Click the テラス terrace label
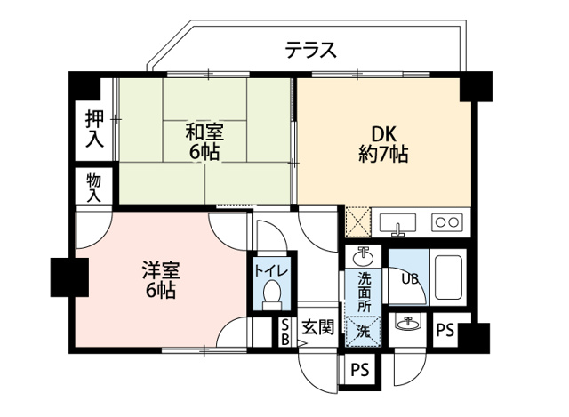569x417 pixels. coord(310,51)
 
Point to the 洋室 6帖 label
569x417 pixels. coord(159,277)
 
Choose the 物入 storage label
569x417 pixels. coord(93,187)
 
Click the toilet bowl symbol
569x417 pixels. coord(271,294)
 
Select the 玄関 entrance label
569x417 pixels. coord(317,327)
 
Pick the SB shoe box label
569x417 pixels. coord(284,332)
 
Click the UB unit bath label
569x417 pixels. coord(410,278)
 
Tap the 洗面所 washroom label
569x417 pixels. coord(365,291)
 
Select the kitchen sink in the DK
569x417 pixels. coord(398,221)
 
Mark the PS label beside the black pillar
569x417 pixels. coord(445,331)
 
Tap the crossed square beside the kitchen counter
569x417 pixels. coord(357,220)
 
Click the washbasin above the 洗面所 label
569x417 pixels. coord(364,257)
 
